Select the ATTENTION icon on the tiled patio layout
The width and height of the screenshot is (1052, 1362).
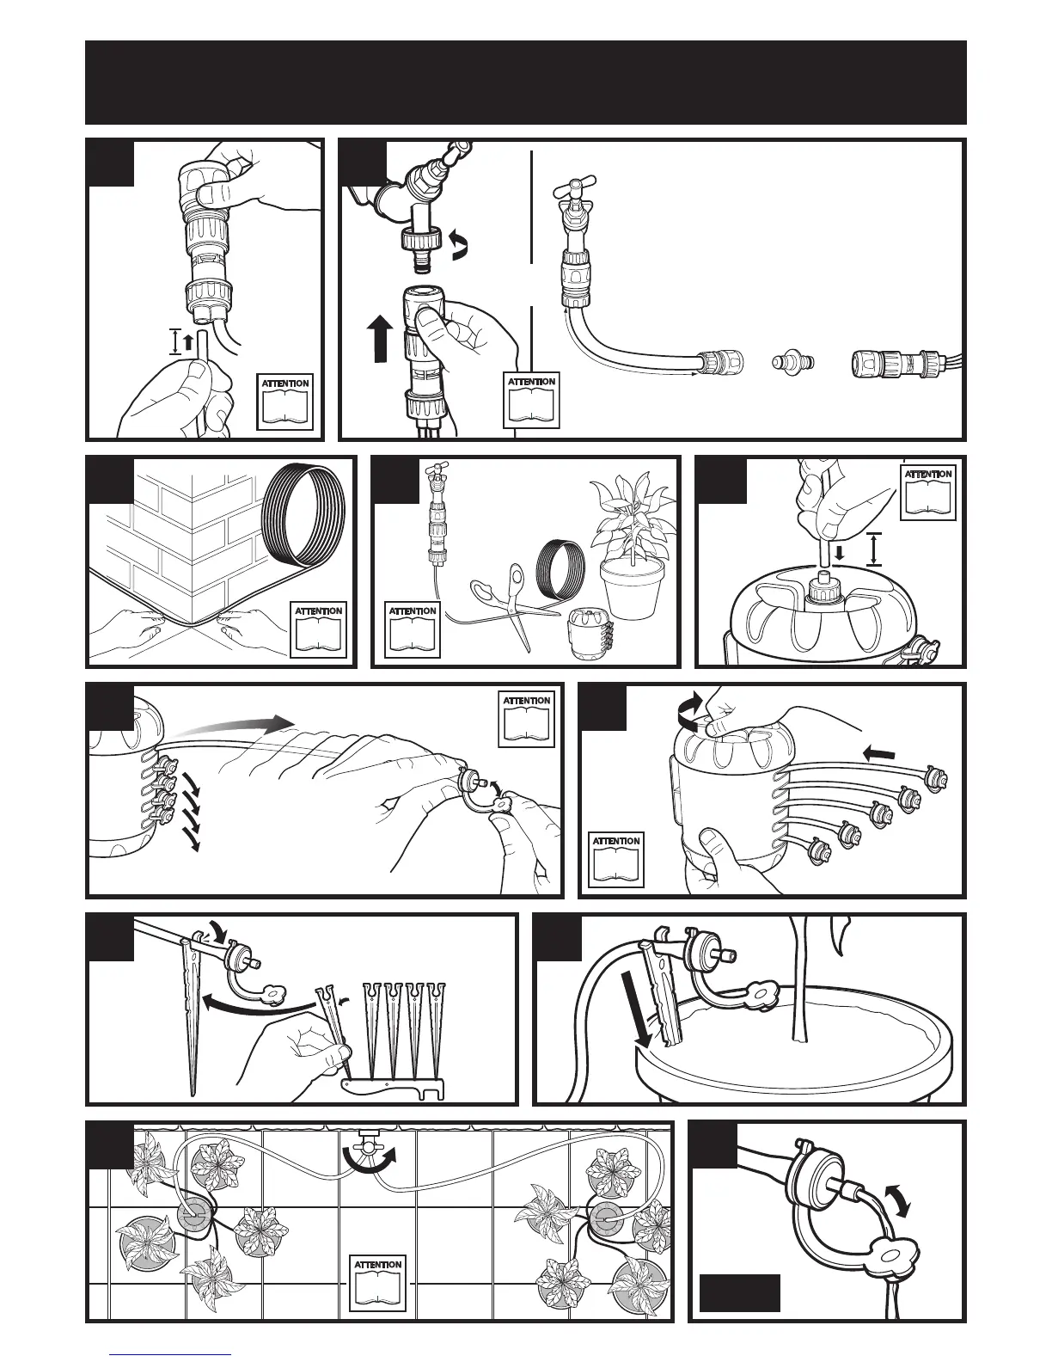tap(377, 1286)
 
